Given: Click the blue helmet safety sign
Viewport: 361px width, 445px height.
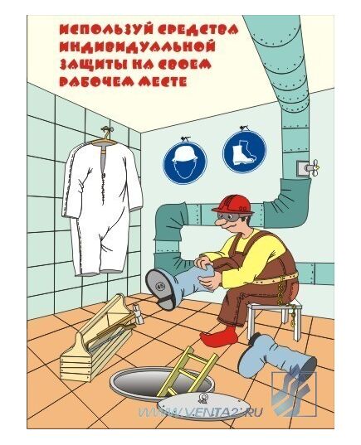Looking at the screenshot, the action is click(x=185, y=162).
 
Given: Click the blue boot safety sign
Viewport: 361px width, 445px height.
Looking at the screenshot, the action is click(x=245, y=151).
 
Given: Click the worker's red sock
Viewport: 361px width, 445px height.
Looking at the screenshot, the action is click(x=219, y=337).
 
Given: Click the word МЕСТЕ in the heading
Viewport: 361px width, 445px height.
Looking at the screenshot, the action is click(x=163, y=82).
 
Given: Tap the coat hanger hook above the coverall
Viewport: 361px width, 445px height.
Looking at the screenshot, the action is click(x=106, y=131).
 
